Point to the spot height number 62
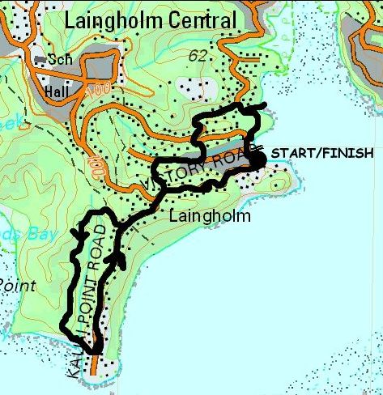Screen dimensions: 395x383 click(196, 56)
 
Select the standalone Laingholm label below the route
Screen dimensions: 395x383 click(211, 217)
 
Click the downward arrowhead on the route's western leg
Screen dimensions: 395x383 click(79, 235)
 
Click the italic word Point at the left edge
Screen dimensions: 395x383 click(15, 285)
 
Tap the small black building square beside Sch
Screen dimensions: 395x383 click(38, 60)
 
